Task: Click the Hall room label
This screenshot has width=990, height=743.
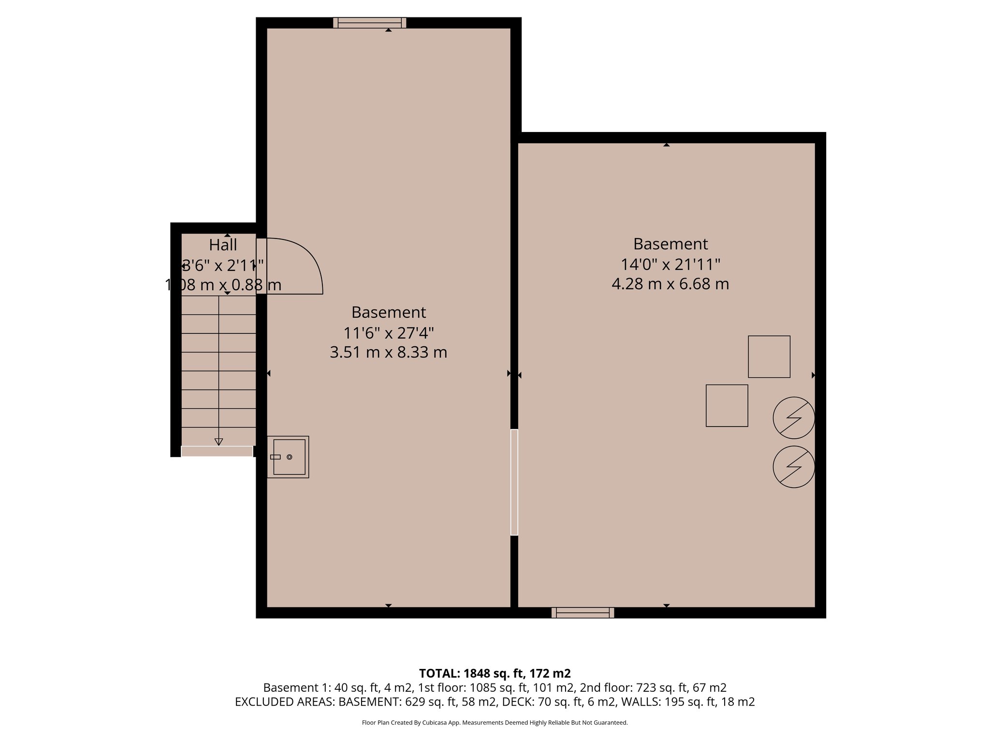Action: pyautogui.click(x=223, y=245)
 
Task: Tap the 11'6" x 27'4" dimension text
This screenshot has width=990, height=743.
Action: pyautogui.click(x=389, y=333)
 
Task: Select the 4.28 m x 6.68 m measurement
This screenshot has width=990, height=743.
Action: pyautogui.click(x=670, y=283)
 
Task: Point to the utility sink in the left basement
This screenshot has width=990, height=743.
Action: pyautogui.click(x=289, y=457)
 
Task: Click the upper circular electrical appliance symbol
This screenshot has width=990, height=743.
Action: pyautogui.click(x=794, y=418)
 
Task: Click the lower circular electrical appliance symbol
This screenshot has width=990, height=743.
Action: pyautogui.click(x=794, y=466)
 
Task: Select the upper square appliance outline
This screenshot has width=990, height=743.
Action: pyautogui.click(x=769, y=357)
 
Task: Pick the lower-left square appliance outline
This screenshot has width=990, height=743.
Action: pyautogui.click(x=727, y=405)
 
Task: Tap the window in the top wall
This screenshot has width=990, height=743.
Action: pyautogui.click(x=370, y=23)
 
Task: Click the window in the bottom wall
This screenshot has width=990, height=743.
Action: pyautogui.click(x=582, y=613)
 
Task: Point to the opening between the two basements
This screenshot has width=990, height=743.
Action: pyautogui.click(x=514, y=482)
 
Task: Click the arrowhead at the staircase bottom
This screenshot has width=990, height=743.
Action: pyautogui.click(x=218, y=441)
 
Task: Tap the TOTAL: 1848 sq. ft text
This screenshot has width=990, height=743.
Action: pyautogui.click(x=495, y=673)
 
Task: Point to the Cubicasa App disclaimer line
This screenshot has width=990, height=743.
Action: pyautogui.click(x=495, y=723)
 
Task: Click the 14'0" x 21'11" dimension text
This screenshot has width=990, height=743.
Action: pyautogui.click(x=670, y=264)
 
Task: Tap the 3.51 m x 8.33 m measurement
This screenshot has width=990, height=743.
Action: pyautogui.click(x=389, y=352)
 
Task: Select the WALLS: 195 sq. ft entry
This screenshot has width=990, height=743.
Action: pyautogui.click(x=687, y=702)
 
